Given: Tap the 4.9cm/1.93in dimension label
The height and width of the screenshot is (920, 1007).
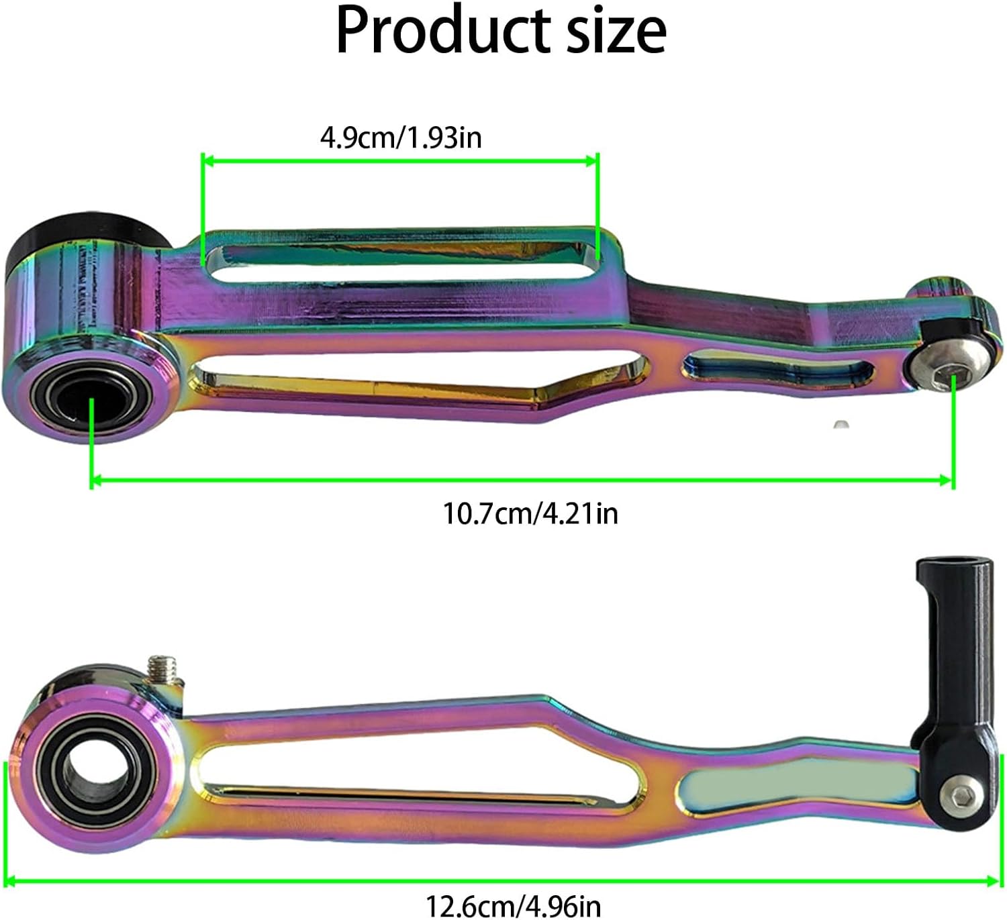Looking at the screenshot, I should [401, 138].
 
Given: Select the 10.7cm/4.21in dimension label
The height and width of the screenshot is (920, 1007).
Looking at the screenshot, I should [530, 513].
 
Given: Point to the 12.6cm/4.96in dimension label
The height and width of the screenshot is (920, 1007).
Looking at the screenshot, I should [513, 906].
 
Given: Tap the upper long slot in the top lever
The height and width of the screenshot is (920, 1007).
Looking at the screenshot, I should [399, 258].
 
